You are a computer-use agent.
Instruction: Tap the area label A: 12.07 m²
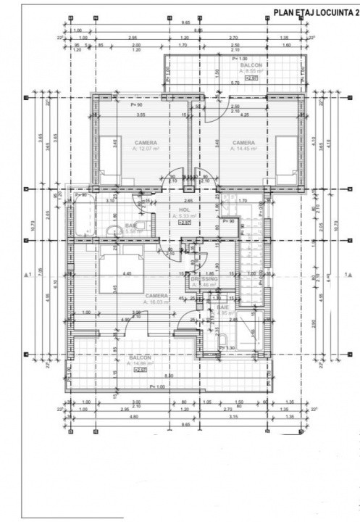coord(146,148)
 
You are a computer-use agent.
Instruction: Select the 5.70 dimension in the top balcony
coord(235,83)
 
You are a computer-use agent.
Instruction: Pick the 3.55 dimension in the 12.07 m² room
coord(141,115)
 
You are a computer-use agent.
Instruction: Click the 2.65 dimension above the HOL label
coord(188,201)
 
